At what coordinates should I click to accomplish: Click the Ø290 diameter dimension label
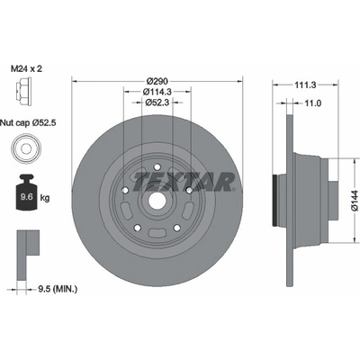tap(157, 81)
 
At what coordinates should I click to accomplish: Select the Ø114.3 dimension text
tap(157, 92)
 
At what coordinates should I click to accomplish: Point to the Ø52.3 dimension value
tap(157, 103)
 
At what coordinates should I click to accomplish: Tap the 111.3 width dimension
tap(305, 85)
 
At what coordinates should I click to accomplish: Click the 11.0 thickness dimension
tap(312, 103)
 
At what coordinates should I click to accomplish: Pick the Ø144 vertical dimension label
tap(355, 200)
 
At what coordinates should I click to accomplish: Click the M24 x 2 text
tap(26, 69)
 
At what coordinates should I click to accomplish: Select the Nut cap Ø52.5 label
tap(28, 122)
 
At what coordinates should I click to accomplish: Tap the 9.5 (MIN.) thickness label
tap(58, 289)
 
